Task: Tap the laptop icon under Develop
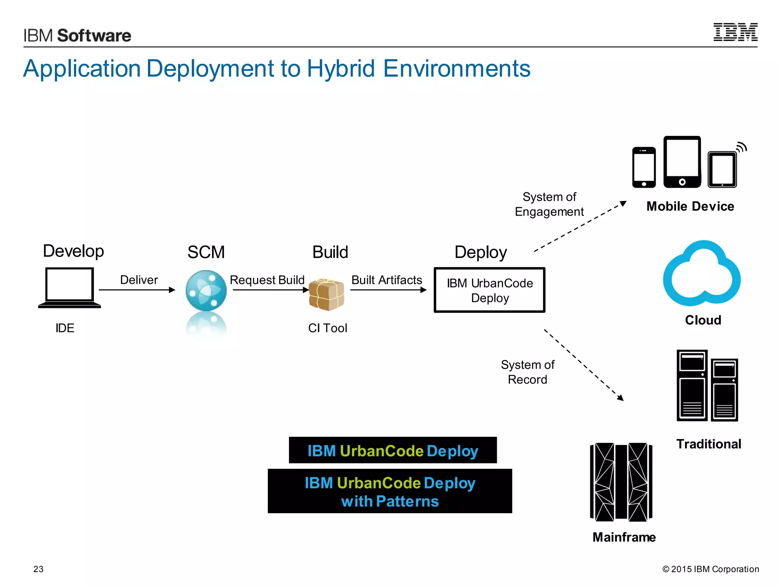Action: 69,287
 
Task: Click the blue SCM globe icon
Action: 206,291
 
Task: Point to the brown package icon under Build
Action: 326,294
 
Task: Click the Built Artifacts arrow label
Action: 386,280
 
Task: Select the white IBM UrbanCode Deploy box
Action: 489,290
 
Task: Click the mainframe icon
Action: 621,482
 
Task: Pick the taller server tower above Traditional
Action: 692,385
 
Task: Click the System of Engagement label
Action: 549,204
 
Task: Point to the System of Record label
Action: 527,372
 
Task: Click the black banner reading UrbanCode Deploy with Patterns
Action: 390,491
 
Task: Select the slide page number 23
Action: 39,569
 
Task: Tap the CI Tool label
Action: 328,328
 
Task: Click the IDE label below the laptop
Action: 65,328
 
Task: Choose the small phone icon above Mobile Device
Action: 644,167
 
